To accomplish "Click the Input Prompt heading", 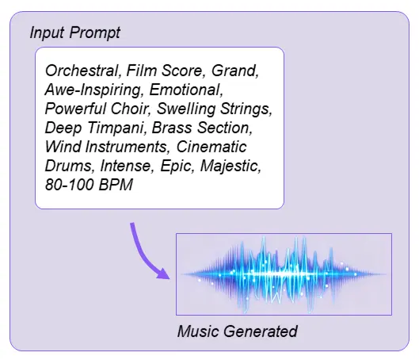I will pyautogui.click(x=74, y=34).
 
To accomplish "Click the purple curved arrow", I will pyautogui.click(x=149, y=254).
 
